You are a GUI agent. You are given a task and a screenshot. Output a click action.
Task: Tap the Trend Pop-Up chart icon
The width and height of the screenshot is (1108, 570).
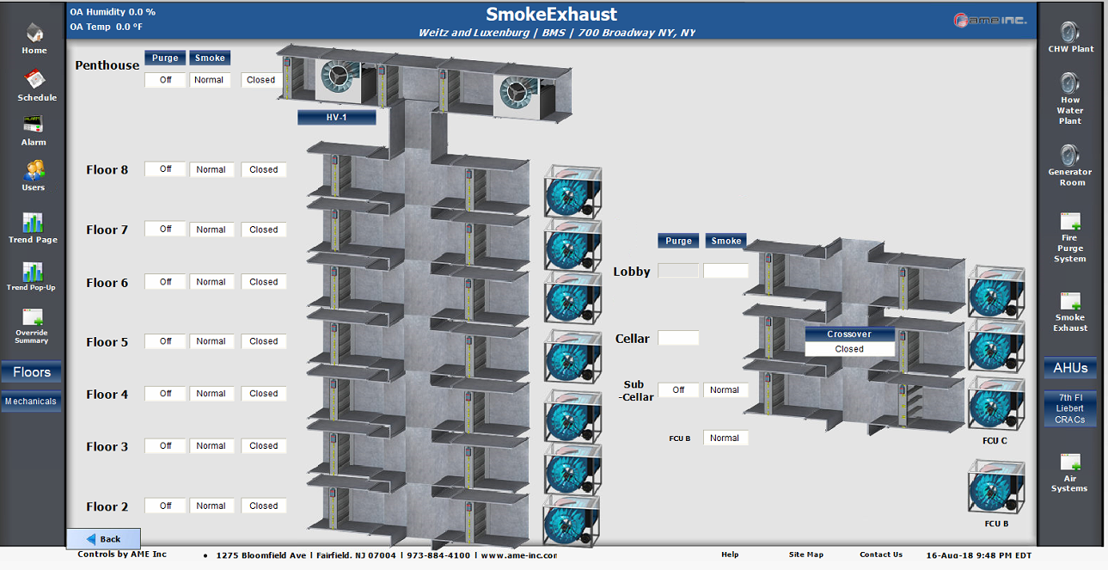[x=32, y=273]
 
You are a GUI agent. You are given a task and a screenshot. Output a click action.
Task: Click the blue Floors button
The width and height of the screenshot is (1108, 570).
[x=32, y=372]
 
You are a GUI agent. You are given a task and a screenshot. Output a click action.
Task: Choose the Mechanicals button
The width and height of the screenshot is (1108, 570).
[x=31, y=401]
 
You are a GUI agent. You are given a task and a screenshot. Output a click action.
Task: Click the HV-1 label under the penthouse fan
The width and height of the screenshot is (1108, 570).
[x=336, y=118]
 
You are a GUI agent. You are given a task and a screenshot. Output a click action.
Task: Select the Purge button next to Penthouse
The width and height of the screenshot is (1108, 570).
[x=165, y=58]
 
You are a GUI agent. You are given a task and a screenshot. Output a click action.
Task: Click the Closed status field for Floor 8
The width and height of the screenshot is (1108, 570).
[x=263, y=170]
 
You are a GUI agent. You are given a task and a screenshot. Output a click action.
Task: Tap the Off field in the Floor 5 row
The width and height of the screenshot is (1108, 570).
[x=165, y=341]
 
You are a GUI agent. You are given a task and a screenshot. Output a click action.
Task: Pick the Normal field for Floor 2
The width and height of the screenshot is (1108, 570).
[x=211, y=506]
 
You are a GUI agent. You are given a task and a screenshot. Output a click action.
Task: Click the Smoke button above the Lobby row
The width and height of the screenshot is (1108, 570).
[x=725, y=241]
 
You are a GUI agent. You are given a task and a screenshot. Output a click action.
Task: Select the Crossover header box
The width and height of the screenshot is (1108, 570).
[x=849, y=334]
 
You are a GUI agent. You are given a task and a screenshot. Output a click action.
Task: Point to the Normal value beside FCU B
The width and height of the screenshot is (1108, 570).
[x=725, y=438]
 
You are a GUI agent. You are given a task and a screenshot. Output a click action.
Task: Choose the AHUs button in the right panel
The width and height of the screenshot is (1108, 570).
[x=1070, y=368]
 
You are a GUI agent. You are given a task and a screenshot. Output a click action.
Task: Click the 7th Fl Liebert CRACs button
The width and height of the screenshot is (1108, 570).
[x=1070, y=408]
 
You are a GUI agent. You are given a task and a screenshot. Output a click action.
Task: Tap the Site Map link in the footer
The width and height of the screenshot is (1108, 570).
[x=805, y=555]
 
